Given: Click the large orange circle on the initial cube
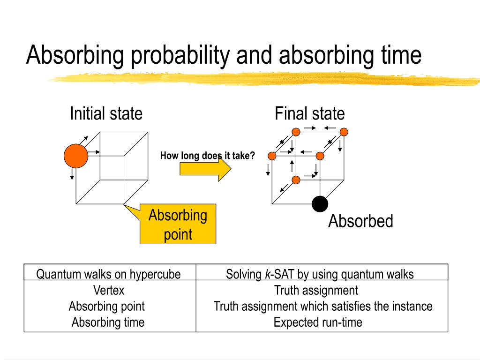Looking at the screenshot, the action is click(x=76, y=156).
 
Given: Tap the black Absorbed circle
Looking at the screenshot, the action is click(x=320, y=204).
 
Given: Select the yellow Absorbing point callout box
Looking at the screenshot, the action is click(x=178, y=224).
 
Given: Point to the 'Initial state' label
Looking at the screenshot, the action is click(x=106, y=113).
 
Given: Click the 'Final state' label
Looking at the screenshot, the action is click(x=309, y=113).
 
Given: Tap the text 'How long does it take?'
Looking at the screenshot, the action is click(x=207, y=156).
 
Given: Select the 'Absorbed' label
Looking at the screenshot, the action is click(x=360, y=221).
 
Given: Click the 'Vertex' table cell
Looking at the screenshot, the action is click(x=109, y=290).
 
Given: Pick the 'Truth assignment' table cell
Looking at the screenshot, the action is click(x=316, y=290).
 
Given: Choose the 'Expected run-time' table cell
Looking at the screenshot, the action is click(x=318, y=322).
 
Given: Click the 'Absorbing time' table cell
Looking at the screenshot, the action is click(x=108, y=322).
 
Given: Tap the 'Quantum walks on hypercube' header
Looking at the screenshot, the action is click(x=109, y=274).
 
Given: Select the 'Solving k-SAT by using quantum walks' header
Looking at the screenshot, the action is click(x=320, y=274).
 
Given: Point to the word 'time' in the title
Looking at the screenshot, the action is click(x=398, y=55).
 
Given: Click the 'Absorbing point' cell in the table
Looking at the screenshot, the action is click(x=106, y=307).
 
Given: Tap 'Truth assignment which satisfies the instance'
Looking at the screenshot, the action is click(x=323, y=307).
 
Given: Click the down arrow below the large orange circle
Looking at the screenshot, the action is click(x=72, y=174).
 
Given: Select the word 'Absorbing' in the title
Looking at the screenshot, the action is click(x=75, y=55).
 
